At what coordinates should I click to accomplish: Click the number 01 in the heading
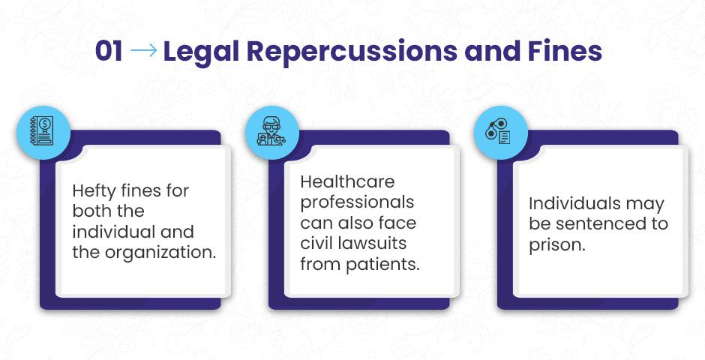coord(109,51)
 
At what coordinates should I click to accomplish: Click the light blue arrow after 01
coord(144,51)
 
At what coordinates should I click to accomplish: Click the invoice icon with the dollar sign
coord(42,130)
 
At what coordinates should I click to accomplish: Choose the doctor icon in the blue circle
coord(271,130)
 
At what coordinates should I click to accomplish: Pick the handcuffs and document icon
coord(498,132)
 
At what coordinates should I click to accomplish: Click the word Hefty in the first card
coord(94,191)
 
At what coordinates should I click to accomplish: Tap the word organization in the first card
coord(161,253)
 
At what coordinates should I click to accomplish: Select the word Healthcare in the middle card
coord(347,181)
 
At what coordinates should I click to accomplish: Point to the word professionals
coord(358,203)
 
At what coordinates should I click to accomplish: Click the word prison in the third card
coord(557,245)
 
